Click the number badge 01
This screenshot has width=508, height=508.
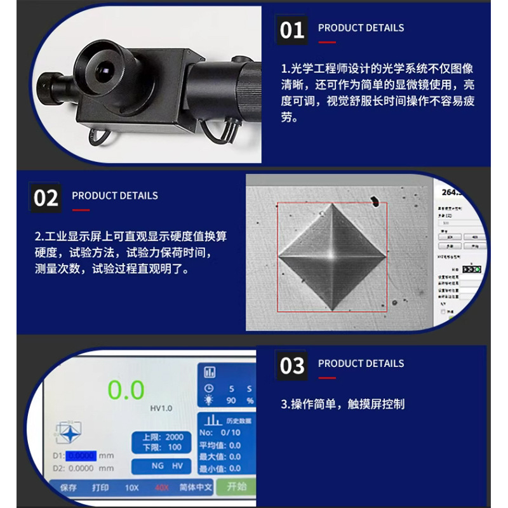[x=291, y=30]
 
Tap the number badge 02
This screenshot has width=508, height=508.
[x=46, y=197]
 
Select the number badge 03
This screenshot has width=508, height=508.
[x=291, y=366]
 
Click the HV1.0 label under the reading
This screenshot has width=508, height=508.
[x=161, y=408]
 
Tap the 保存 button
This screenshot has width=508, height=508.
[x=69, y=488]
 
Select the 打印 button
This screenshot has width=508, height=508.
[x=100, y=488]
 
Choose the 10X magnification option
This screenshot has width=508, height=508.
[x=131, y=488]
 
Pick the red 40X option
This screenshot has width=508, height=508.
[x=163, y=488]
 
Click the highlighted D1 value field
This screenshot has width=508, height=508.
[x=81, y=455]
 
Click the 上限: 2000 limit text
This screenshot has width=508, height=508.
[x=163, y=437]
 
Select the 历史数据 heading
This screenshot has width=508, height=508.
[x=239, y=420]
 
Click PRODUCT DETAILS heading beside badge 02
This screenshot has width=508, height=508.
[x=115, y=196]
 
